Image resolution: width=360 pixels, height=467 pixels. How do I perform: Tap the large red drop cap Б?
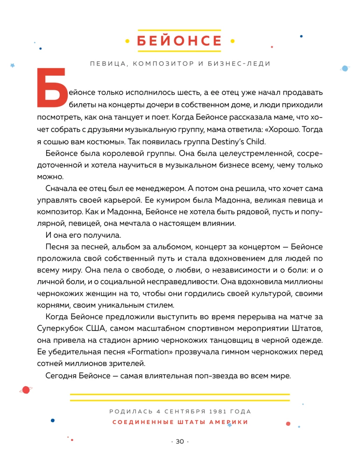(x=50, y=87)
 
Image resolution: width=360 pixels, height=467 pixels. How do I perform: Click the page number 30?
(x=180, y=442)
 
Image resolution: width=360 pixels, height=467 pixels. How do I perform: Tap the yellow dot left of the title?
(x=127, y=41)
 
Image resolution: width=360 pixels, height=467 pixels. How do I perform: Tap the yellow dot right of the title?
(x=233, y=41)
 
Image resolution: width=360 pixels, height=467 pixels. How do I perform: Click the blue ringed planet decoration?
(x=345, y=68)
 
